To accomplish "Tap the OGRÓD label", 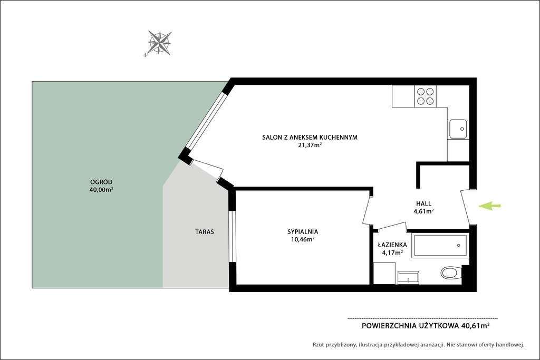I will pyautogui.click(x=101, y=182).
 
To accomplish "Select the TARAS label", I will pyautogui.click(x=204, y=231).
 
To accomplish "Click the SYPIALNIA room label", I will pyautogui.click(x=303, y=231).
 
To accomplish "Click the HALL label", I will pyautogui.click(x=423, y=203).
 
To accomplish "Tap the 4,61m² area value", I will pyautogui.click(x=423, y=211).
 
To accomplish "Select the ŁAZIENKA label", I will pyautogui.click(x=392, y=245).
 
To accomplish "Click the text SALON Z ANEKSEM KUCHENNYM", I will pyautogui.click(x=310, y=137).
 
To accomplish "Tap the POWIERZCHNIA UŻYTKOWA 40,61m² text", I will pyautogui.click(x=426, y=326).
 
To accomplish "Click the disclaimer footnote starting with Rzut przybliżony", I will pyautogui.click(x=418, y=345).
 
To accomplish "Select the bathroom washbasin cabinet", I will pyautogui.click(x=408, y=277).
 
